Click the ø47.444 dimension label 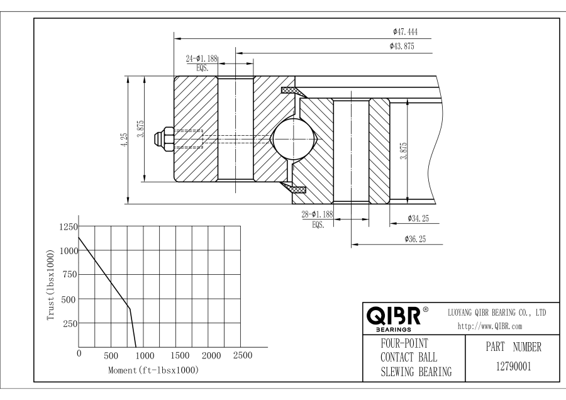tap(405, 31)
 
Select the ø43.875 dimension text tap(402, 46)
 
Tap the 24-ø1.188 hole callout tap(201, 58)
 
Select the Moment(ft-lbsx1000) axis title tap(153, 370)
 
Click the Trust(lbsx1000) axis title tap(51, 286)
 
